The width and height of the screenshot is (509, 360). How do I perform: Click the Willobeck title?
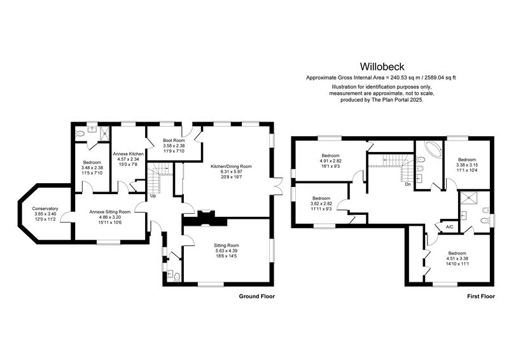[382, 66]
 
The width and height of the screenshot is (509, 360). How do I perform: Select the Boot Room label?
[173, 145]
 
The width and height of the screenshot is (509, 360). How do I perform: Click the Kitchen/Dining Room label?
[231, 171]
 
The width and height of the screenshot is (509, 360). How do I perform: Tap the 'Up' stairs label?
[153, 196]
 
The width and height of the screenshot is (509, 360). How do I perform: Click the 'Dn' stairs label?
[407, 184]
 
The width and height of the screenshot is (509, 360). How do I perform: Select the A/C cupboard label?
[449, 227]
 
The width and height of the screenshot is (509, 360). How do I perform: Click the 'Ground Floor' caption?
[256, 296]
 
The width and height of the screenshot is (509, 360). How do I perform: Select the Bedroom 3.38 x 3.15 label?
[468, 164]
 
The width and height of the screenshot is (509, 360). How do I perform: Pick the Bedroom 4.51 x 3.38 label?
[456, 258]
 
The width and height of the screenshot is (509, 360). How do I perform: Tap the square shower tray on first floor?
[471, 198]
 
